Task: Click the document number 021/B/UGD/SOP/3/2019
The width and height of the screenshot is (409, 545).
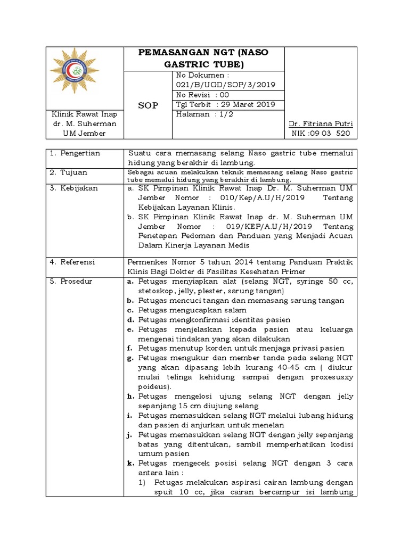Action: click(225, 85)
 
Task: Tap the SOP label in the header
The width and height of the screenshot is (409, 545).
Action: click(148, 105)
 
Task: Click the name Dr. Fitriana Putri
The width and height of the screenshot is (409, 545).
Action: click(321, 123)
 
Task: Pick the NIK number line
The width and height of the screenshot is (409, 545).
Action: click(321, 133)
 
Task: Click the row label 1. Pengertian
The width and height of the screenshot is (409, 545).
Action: click(75, 153)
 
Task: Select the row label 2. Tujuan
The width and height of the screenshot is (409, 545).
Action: click(69, 172)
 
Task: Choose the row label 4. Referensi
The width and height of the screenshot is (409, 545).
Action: click(72, 262)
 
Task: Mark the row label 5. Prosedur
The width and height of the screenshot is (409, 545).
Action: click(71, 281)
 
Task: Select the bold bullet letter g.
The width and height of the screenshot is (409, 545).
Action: click(130, 358)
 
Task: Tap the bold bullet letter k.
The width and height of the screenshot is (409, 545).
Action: click(130, 464)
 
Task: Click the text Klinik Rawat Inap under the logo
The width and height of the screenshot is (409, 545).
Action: click(77, 114)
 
